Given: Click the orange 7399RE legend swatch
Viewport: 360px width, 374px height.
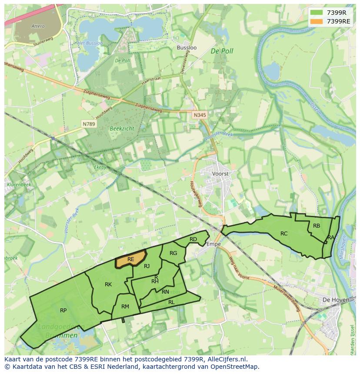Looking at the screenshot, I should click(x=317, y=21).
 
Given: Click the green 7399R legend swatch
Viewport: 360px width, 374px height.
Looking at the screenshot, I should click(x=317, y=13).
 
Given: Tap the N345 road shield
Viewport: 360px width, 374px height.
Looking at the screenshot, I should click(x=199, y=115).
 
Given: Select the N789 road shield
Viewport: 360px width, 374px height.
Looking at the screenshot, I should click(x=89, y=124).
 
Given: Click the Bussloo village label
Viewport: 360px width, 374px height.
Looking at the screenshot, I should click(x=187, y=47).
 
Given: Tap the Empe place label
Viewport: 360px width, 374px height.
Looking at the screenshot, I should click(x=213, y=244).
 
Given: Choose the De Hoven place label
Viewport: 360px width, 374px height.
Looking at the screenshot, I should click(x=333, y=300).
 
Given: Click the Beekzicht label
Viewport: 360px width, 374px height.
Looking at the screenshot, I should click(x=122, y=129).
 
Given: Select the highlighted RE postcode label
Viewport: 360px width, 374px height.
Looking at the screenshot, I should click(x=130, y=259).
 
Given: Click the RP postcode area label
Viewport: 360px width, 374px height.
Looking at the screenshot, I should click(x=63, y=311).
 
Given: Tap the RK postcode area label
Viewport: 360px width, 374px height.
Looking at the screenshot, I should click(x=108, y=285).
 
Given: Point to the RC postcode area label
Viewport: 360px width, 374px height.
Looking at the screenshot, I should click(x=284, y=234).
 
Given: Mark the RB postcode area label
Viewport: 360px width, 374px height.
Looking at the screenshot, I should click(x=317, y=225).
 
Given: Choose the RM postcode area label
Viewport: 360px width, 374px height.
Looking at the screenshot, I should click(x=125, y=307).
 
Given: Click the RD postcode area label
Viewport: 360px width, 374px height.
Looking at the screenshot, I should click(x=193, y=239).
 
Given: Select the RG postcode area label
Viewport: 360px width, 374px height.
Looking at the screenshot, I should click(x=173, y=253).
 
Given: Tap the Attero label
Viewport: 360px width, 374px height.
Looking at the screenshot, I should click(x=38, y=26).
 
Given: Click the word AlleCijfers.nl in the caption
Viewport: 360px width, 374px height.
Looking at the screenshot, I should click(x=226, y=359).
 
